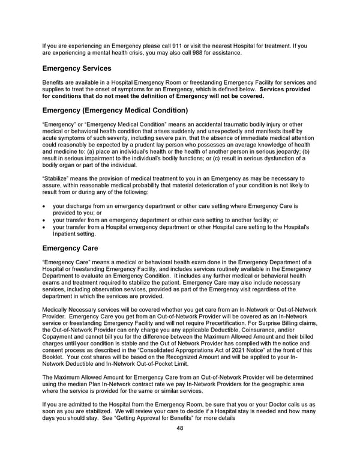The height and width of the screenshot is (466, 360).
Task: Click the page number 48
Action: pos(180,428)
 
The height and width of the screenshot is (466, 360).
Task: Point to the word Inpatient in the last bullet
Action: pos(67,234)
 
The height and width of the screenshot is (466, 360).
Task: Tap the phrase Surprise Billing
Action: pos(268,324)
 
